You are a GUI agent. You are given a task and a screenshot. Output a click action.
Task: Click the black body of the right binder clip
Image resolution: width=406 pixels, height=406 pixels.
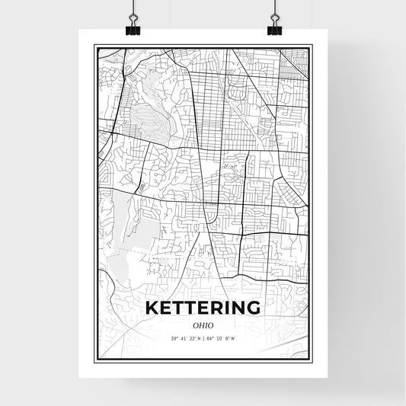tap(274, 30)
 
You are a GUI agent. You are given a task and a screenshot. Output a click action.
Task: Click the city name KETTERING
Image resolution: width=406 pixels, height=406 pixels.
tap(203, 308)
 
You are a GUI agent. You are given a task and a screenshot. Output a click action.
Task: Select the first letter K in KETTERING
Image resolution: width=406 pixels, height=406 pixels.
tap(152, 308)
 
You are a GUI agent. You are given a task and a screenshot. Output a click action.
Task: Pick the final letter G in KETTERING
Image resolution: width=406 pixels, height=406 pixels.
tap(253, 308)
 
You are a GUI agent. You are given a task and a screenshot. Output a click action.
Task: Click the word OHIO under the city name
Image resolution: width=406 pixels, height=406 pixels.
tap(203, 324)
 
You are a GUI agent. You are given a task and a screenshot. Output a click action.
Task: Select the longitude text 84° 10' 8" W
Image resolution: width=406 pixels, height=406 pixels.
tap(223, 339)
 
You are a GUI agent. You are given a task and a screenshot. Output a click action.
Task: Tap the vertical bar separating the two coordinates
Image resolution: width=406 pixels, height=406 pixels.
tap(204, 339)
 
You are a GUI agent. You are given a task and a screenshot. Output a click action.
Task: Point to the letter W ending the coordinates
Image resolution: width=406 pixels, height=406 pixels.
tap(233, 339)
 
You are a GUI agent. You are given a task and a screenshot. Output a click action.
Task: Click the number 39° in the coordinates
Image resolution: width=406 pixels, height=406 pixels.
tap(175, 339)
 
